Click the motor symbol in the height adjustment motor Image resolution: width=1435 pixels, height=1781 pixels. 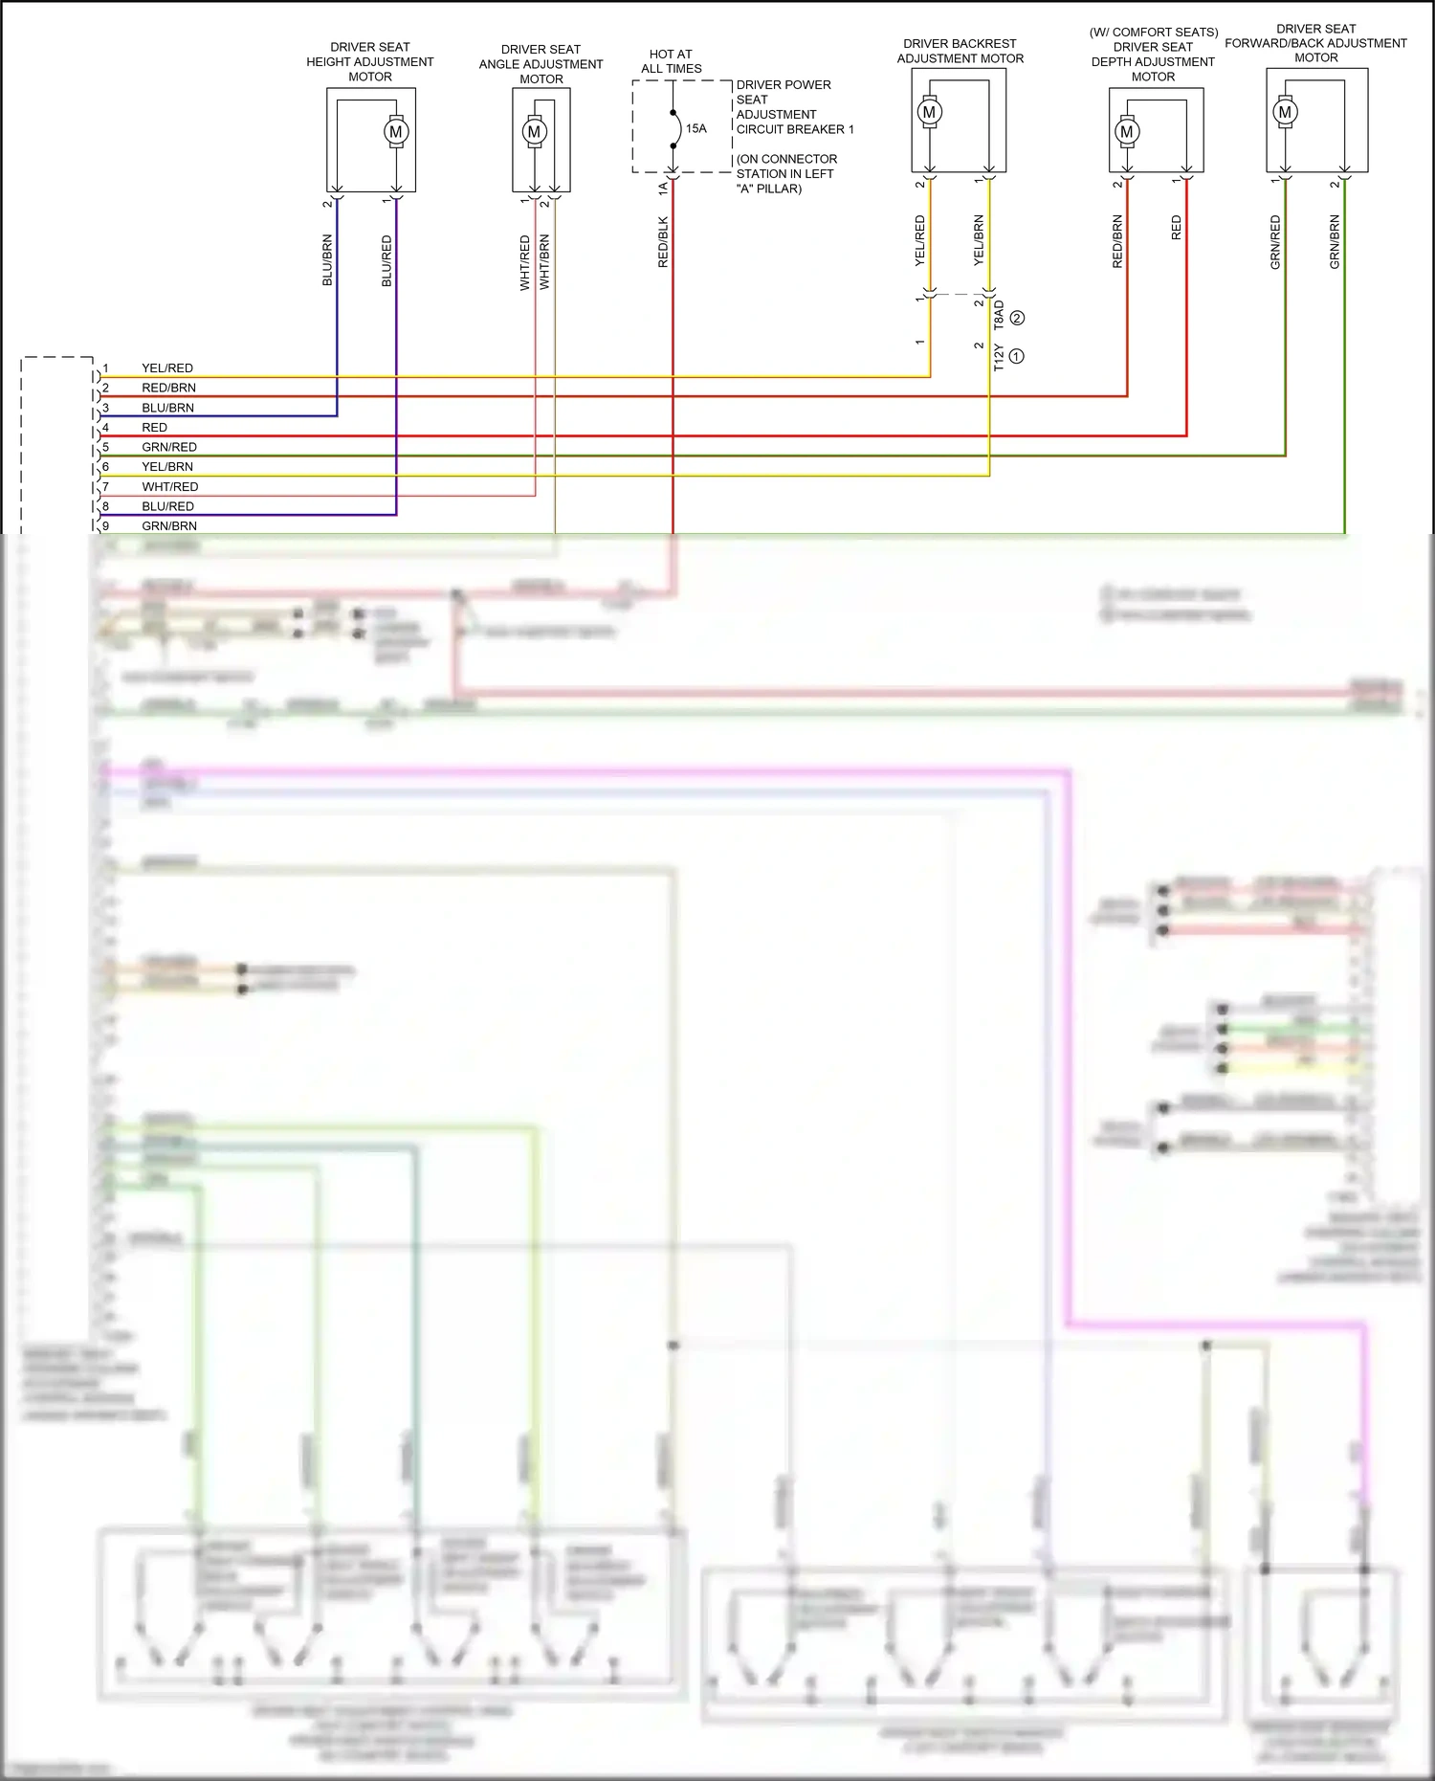tap(396, 132)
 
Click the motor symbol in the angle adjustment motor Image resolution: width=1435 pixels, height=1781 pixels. tap(535, 132)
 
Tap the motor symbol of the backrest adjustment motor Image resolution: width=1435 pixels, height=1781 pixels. tap(929, 112)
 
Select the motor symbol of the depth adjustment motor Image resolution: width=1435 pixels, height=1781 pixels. tap(1127, 132)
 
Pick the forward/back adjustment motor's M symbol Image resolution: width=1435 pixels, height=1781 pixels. tap(1285, 112)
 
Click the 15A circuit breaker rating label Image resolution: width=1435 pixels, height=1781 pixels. tap(696, 128)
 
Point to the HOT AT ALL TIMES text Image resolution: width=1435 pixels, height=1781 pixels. tap(672, 61)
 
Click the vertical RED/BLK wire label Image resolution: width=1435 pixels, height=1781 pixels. tap(663, 242)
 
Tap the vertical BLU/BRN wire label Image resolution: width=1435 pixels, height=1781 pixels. tap(327, 260)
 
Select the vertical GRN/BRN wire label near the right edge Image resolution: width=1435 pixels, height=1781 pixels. tap(1335, 241)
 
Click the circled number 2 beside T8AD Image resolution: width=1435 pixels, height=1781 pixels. tap(1018, 318)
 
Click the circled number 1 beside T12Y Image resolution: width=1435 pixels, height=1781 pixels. tap(1017, 356)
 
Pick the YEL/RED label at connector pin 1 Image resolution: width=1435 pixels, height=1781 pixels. tap(167, 368)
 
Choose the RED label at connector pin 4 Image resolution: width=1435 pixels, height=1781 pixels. tap(154, 428)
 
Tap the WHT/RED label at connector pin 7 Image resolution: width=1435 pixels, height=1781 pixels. tap(170, 487)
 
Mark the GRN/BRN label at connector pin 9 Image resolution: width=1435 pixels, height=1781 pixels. tap(169, 526)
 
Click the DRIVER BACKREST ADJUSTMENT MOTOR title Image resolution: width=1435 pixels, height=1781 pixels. tap(960, 52)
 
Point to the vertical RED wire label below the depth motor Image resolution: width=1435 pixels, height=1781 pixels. tap(1177, 228)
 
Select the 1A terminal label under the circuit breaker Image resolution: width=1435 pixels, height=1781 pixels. tap(663, 189)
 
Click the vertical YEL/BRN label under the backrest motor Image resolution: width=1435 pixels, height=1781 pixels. tap(979, 240)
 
